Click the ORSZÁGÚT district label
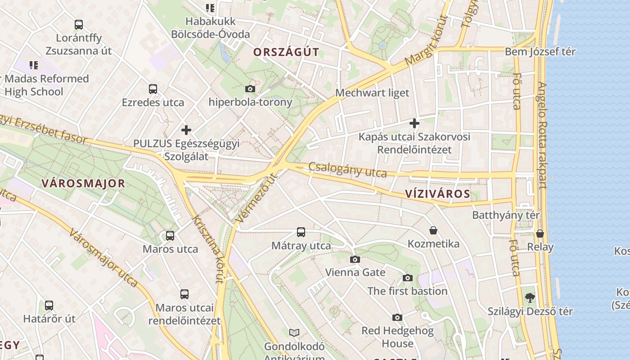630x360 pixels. (286, 52)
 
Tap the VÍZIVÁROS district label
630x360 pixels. (437, 194)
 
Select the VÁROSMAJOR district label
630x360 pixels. (83, 184)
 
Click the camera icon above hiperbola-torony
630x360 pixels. (250, 89)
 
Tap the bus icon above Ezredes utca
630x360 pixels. (153, 89)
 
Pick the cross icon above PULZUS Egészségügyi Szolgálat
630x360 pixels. (186, 130)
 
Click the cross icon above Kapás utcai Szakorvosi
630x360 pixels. (414, 123)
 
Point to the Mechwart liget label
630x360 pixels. (373, 93)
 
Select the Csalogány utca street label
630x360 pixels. (348, 170)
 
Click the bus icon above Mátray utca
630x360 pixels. (301, 232)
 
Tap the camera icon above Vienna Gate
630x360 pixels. (355, 259)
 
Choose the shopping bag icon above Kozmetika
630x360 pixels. (433, 230)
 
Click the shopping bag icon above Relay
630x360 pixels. (540, 234)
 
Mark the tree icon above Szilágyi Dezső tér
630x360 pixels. (531, 297)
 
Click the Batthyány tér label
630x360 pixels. (506, 215)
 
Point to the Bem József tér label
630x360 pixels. (540, 52)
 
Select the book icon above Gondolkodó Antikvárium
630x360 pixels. (294, 333)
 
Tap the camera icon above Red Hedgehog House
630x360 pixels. (397, 318)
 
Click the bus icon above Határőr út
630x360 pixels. (49, 306)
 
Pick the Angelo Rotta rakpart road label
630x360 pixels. (542, 135)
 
